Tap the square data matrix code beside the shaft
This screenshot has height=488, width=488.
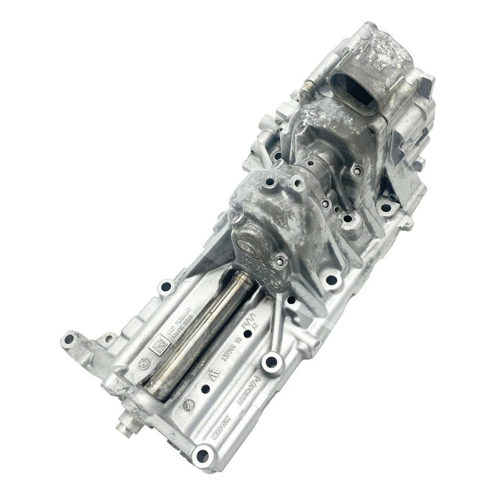click(x=159, y=346)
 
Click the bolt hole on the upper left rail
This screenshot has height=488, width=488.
click(x=166, y=288)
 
